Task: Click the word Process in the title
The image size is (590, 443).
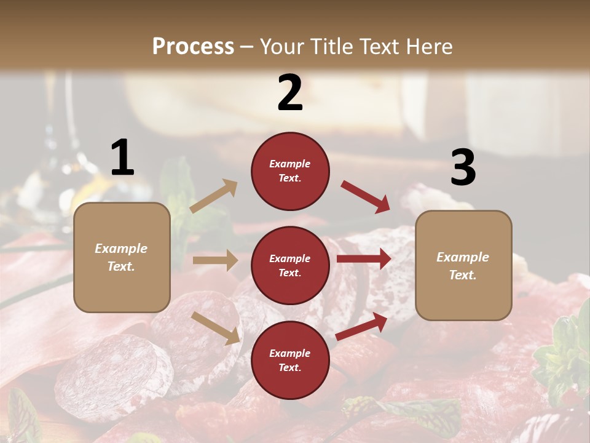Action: tap(193, 47)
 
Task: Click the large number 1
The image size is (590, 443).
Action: tap(122, 158)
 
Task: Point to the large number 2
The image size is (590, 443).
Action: tap(290, 93)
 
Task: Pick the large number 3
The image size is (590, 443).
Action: tap(463, 167)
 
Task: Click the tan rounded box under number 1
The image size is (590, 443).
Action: tap(122, 257)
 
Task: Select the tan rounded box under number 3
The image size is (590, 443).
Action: tap(463, 265)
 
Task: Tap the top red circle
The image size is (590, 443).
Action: tap(290, 171)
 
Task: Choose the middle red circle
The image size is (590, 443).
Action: tap(290, 265)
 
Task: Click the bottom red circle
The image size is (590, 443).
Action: tap(290, 360)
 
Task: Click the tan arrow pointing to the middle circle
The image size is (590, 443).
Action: tap(215, 260)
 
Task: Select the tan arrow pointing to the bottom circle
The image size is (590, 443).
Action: tap(216, 327)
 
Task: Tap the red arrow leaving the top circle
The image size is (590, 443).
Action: tap(366, 196)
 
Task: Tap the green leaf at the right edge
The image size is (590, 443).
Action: tap(568, 357)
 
